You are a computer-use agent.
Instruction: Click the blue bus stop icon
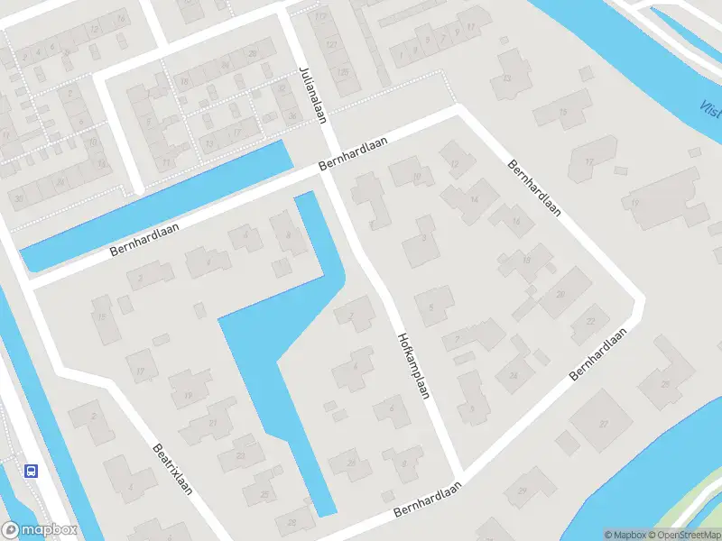(31, 470)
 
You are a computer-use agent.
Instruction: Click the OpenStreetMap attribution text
(682, 535)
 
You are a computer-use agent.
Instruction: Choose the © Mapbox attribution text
(625, 535)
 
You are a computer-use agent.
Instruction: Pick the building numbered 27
(603, 425)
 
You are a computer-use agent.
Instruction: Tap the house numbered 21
(214, 424)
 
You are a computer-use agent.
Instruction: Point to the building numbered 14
(475, 200)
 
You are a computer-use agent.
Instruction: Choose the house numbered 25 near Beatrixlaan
(264, 494)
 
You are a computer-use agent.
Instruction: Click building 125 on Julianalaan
(342, 71)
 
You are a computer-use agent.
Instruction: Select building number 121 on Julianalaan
(332, 44)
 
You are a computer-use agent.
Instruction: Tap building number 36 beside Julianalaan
(292, 116)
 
